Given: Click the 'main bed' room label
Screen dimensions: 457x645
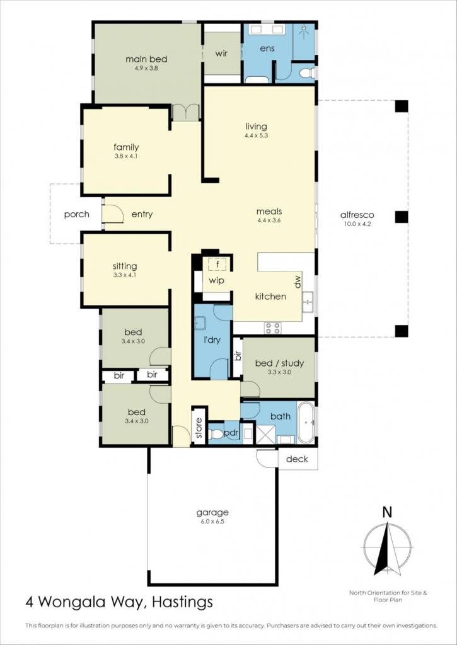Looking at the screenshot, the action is (x=146, y=59).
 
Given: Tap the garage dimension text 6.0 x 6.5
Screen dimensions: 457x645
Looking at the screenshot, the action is (x=212, y=521).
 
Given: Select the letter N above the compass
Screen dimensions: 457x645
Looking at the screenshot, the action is (x=387, y=512).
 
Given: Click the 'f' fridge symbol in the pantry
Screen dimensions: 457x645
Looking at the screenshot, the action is (x=217, y=264).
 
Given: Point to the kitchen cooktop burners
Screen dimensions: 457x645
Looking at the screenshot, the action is (x=272, y=328).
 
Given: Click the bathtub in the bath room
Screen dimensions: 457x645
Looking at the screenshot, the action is (x=306, y=423).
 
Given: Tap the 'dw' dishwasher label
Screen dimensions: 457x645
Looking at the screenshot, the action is (x=298, y=282).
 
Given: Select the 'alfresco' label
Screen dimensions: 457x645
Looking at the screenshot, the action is (x=357, y=215).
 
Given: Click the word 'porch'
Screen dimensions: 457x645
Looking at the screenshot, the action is (x=76, y=215).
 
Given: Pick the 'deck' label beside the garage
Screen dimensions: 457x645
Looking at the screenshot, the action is (x=296, y=459).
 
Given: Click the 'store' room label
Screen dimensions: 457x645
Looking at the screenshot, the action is (x=199, y=428).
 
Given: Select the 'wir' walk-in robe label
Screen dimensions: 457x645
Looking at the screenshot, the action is (x=221, y=54).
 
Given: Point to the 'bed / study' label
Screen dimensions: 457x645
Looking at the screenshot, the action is (x=279, y=363).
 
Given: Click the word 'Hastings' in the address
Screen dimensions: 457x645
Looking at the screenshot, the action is (x=183, y=603).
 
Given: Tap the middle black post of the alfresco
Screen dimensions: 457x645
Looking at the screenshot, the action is (x=402, y=217).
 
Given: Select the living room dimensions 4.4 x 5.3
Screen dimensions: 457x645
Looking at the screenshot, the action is (x=256, y=135).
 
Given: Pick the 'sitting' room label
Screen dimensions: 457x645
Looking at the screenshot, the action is (x=125, y=266).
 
